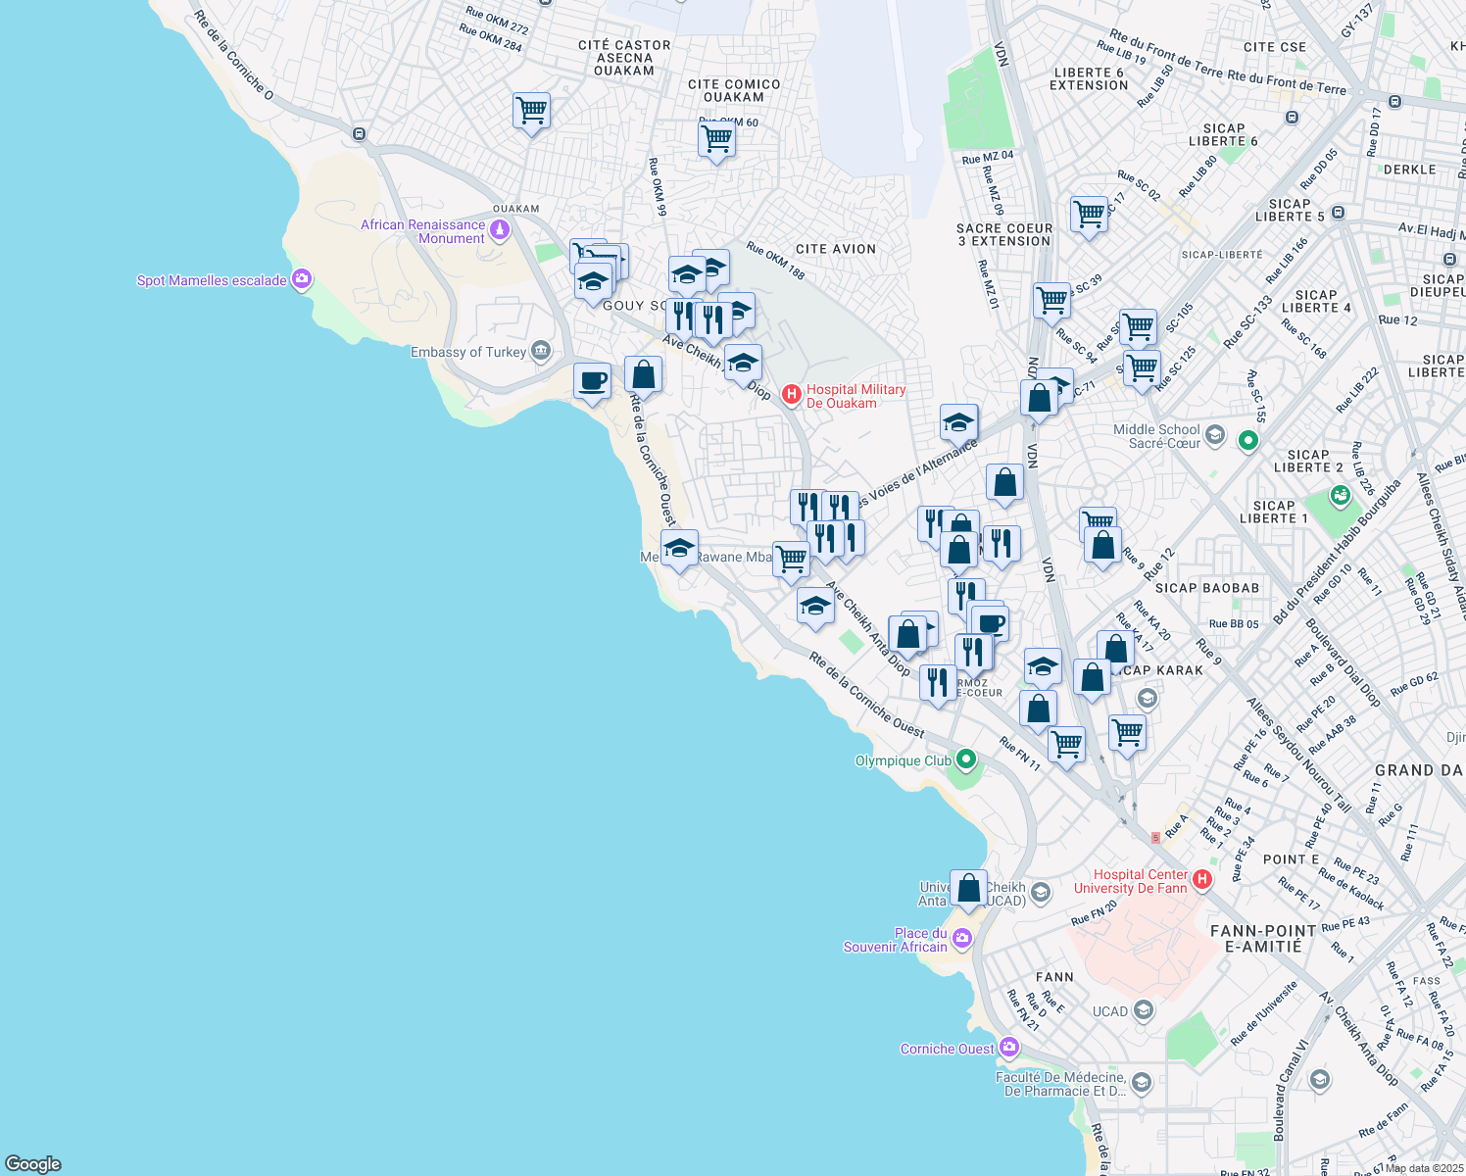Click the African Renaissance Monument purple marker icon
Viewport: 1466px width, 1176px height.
click(x=500, y=230)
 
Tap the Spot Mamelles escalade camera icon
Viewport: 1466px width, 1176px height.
click(x=302, y=280)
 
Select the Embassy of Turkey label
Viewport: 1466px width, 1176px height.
click(x=468, y=352)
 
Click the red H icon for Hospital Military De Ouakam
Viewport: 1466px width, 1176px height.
click(x=792, y=395)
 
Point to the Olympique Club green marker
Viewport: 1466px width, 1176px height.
click(x=966, y=759)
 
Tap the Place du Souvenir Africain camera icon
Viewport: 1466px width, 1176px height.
click(x=962, y=939)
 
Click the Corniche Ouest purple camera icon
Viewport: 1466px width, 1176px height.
click(x=1008, y=1048)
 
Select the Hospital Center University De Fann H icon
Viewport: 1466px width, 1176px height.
click(x=1202, y=880)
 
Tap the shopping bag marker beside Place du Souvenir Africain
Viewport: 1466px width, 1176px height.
click(x=968, y=887)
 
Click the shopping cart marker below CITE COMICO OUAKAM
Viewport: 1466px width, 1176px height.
click(x=716, y=139)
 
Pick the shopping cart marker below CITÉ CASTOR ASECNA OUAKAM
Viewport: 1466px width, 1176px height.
click(x=531, y=111)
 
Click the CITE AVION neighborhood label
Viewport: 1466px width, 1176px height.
click(x=836, y=249)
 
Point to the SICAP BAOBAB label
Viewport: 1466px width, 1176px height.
click(x=1206, y=588)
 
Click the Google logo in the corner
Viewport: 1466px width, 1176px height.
click(x=33, y=1163)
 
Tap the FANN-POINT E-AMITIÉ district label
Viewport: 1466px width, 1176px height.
click(x=1263, y=938)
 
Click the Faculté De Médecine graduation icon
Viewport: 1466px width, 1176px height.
click(x=1141, y=1083)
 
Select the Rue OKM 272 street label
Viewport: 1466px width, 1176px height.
click(x=497, y=21)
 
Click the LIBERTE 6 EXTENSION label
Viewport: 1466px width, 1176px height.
click(x=1089, y=79)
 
